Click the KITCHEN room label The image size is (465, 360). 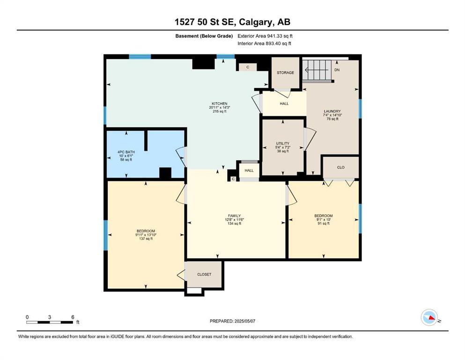(220, 104)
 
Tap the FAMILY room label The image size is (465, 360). (234, 216)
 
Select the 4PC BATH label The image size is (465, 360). (126, 152)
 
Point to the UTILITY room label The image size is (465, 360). (283, 143)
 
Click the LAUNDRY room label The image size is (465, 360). (332, 111)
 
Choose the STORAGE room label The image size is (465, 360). (285, 72)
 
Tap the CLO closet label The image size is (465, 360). (341, 167)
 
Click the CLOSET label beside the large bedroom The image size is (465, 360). (204, 275)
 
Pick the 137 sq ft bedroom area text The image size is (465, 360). (146, 239)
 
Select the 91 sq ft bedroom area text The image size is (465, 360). (324, 224)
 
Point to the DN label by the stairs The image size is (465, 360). (337, 70)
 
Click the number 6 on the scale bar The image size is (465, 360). (73, 317)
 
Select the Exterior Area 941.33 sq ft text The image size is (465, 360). (265, 36)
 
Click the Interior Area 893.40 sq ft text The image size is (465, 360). (264, 43)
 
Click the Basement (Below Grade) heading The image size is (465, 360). (204, 36)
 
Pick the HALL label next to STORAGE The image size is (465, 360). (284, 104)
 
